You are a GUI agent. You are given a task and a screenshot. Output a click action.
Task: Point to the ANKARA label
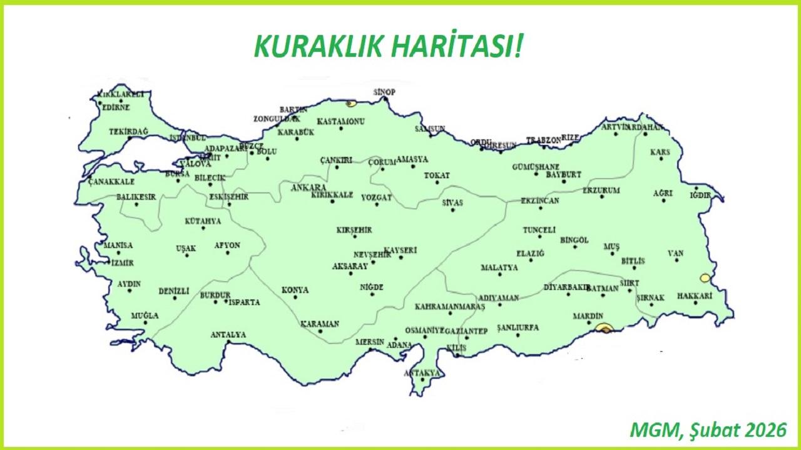point(309,187)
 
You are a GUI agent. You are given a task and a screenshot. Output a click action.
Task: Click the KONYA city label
point(295,290)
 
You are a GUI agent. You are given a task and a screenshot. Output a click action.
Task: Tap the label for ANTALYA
point(228,335)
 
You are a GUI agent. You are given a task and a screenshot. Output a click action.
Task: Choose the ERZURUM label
point(601,190)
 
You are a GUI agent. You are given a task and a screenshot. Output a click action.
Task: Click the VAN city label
point(675,253)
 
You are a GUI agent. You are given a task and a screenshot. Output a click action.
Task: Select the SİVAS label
point(452,203)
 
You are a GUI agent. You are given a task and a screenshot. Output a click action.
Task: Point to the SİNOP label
point(385,92)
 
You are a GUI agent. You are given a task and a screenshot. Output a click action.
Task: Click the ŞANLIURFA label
point(518,327)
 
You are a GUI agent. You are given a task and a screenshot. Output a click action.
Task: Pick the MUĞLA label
point(145,316)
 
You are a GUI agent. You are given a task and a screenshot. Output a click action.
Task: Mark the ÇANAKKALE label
point(111,182)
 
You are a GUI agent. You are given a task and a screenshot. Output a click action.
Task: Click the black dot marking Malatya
point(499,276)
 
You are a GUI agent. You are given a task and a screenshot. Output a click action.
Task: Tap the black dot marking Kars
point(661,159)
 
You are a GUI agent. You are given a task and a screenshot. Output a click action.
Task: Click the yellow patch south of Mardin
point(604,327)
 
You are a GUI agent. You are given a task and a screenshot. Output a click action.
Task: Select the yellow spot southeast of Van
point(705,277)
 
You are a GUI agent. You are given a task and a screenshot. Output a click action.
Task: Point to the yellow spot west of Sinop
point(351,103)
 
